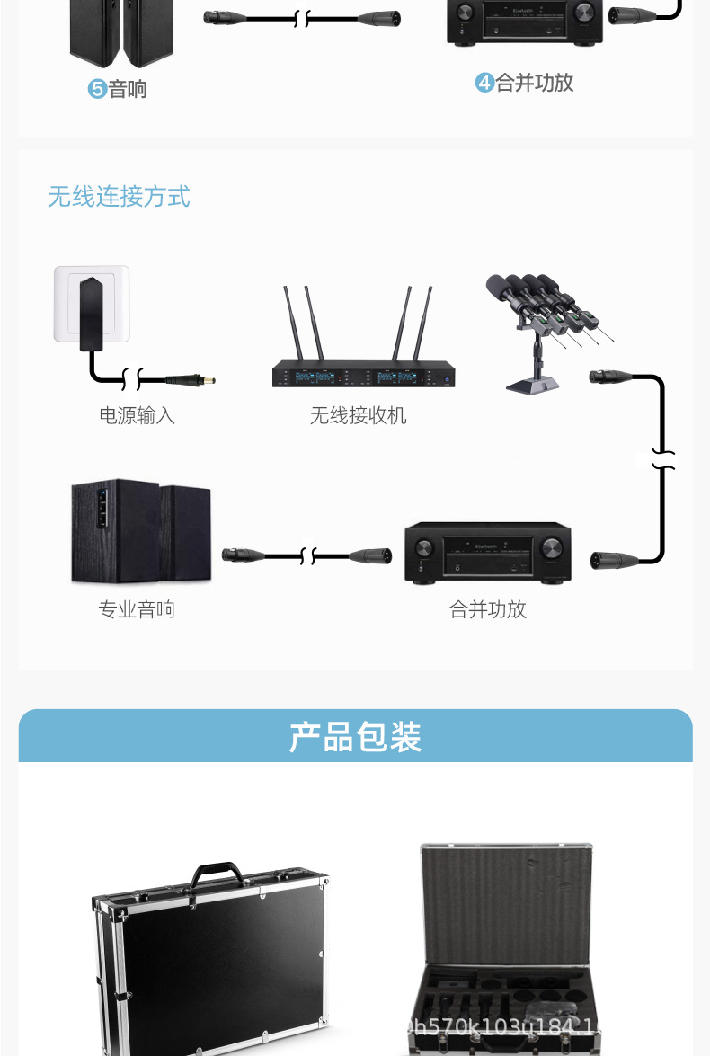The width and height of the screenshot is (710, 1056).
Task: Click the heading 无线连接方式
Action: [x=119, y=196]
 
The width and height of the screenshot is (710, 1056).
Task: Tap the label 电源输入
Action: [x=137, y=415]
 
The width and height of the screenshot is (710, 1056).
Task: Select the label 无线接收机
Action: [x=358, y=415]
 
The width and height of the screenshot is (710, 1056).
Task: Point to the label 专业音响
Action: [x=137, y=609]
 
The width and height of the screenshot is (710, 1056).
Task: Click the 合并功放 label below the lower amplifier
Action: [x=487, y=609]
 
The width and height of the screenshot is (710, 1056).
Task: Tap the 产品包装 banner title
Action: [x=355, y=737]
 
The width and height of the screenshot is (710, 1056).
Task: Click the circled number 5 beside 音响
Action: [x=97, y=89]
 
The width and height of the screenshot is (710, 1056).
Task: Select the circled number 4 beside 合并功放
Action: [x=484, y=84]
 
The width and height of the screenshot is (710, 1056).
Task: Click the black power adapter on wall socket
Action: [x=92, y=312]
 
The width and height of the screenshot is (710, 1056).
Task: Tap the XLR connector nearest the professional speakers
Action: [x=241, y=555]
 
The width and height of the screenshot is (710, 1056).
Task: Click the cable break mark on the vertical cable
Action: [x=663, y=459]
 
